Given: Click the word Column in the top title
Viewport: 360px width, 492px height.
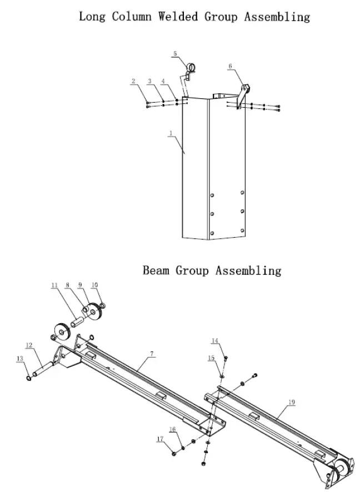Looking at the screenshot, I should tap(132, 16).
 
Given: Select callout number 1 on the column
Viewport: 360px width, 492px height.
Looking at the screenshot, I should tap(172, 133).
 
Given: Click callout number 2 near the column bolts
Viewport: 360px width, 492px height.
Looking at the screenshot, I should tap(133, 82).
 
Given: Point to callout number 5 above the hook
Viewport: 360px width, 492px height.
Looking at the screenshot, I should tap(174, 54).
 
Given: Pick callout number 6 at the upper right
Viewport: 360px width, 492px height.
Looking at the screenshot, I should tap(230, 66).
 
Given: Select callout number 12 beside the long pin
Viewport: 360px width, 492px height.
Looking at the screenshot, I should tap(29, 345).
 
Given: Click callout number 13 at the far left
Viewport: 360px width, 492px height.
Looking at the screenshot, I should tap(21, 359).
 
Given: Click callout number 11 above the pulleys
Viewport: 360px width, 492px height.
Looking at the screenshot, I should tap(54, 285).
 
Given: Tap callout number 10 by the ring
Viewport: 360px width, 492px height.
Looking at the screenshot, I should tap(94, 285).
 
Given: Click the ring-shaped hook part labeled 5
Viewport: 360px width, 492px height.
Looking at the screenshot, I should tap(191, 68).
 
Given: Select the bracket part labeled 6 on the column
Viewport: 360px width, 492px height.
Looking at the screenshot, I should tap(243, 92).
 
